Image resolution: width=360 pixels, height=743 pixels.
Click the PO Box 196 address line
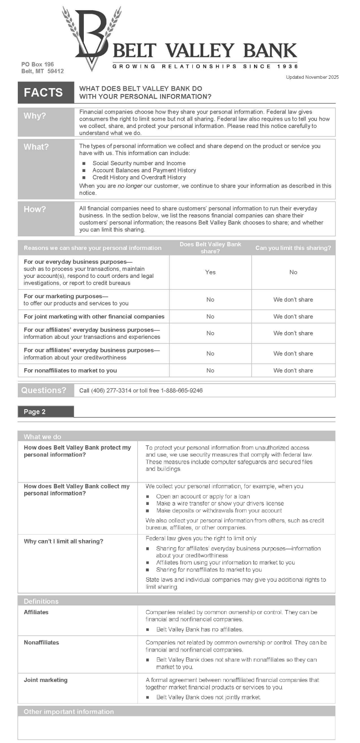click(38, 64)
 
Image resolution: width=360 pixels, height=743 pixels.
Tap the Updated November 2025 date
click(312, 77)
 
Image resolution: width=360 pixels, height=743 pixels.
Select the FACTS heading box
click(43, 93)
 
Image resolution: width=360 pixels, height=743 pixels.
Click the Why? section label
click(35, 116)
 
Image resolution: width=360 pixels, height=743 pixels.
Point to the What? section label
click(36, 147)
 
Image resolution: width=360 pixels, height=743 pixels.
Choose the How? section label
click(35, 209)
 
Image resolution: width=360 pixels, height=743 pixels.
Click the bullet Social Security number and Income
click(139, 163)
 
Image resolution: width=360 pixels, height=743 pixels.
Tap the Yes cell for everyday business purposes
click(210, 272)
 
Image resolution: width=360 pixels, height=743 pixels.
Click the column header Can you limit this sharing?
click(293, 248)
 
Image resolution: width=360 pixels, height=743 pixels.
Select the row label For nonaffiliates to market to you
click(70, 371)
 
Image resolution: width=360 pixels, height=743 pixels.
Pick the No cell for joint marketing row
click(210, 316)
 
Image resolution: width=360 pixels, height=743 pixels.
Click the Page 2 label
click(35, 412)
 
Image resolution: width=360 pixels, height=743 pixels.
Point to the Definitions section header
click(41, 601)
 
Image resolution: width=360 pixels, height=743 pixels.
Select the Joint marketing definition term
click(46, 680)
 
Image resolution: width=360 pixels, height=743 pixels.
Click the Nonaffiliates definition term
click(42, 643)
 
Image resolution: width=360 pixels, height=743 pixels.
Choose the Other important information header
click(69, 712)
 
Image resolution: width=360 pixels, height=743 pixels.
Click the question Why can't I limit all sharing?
click(64, 541)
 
